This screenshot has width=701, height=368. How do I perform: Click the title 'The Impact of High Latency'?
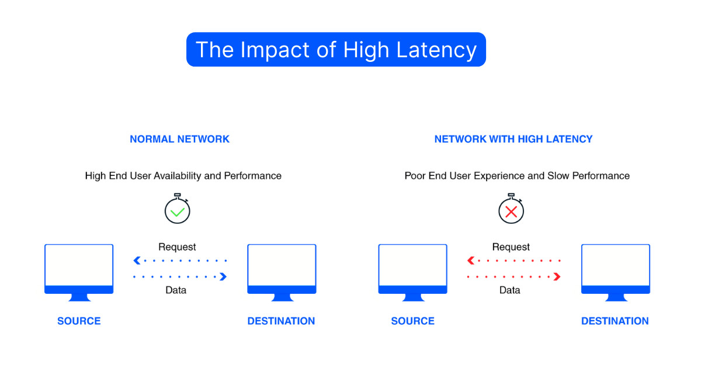(x=336, y=50)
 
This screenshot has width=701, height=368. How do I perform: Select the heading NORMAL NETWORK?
(x=179, y=139)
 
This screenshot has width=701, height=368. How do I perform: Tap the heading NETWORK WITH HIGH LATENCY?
(x=513, y=139)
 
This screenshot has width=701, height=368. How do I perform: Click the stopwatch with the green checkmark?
(x=177, y=210)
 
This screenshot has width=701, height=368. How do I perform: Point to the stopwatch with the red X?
(x=511, y=210)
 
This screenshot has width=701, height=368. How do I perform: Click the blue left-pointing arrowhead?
(x=137, y=261)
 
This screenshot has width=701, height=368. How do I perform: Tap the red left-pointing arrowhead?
(x=470, y=261)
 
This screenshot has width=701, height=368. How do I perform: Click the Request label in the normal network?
(x=177, y=247)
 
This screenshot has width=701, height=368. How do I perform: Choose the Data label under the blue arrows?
(x=176, y=290)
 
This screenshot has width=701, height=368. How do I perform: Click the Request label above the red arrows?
(x=511, y=247)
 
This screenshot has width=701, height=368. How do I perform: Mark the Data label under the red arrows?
(x=509, y=290)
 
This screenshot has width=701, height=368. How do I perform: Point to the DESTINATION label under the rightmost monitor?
(x=615, y=321)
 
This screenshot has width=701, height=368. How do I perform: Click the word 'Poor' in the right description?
(x=415, y=176)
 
